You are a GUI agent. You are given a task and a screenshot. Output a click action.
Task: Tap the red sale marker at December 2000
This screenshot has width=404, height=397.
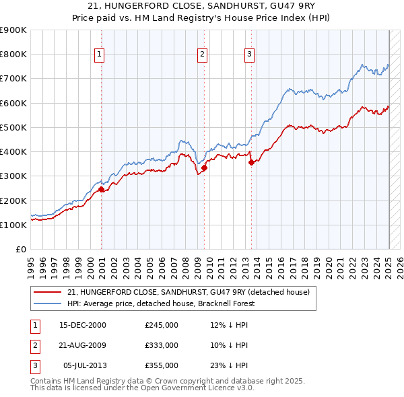tap(102, 190)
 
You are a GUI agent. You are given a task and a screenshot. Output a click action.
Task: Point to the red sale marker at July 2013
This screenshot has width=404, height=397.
tap(251, 162)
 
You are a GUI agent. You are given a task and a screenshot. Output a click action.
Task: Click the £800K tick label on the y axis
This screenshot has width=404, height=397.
tap(13, 55)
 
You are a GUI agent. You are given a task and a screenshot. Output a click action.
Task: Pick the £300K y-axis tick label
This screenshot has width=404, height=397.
tap(13, 176)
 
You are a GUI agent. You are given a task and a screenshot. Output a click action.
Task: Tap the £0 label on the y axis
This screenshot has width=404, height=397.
tap(20, 250)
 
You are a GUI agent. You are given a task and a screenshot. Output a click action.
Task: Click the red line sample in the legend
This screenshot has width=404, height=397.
tap(48, 293)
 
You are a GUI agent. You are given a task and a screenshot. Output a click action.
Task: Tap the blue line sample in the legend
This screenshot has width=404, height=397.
tap(48, 304)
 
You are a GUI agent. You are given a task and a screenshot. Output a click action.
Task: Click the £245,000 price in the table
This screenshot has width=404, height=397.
tap(162, 324)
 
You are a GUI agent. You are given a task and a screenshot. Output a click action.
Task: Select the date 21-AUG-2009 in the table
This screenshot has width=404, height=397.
tap(83, 345)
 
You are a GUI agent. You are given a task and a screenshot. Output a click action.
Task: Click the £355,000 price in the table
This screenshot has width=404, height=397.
tap(162, 365)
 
